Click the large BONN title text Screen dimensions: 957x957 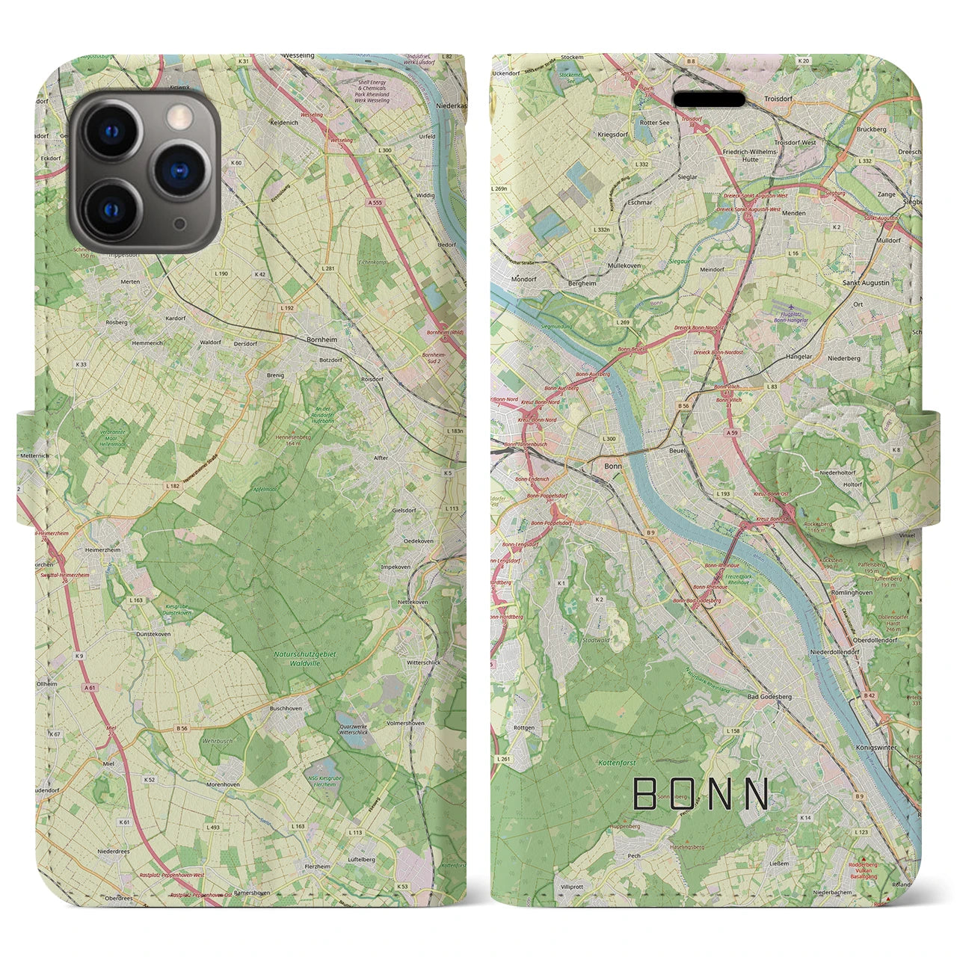(701, 794)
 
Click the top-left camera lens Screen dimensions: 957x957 (112, 132)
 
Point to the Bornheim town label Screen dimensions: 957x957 (321, 339)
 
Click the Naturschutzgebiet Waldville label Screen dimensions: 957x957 (305, 658)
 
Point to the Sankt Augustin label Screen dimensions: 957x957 (866, 283)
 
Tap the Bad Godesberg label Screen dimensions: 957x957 (769, 697)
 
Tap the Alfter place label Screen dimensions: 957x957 (380, 458)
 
